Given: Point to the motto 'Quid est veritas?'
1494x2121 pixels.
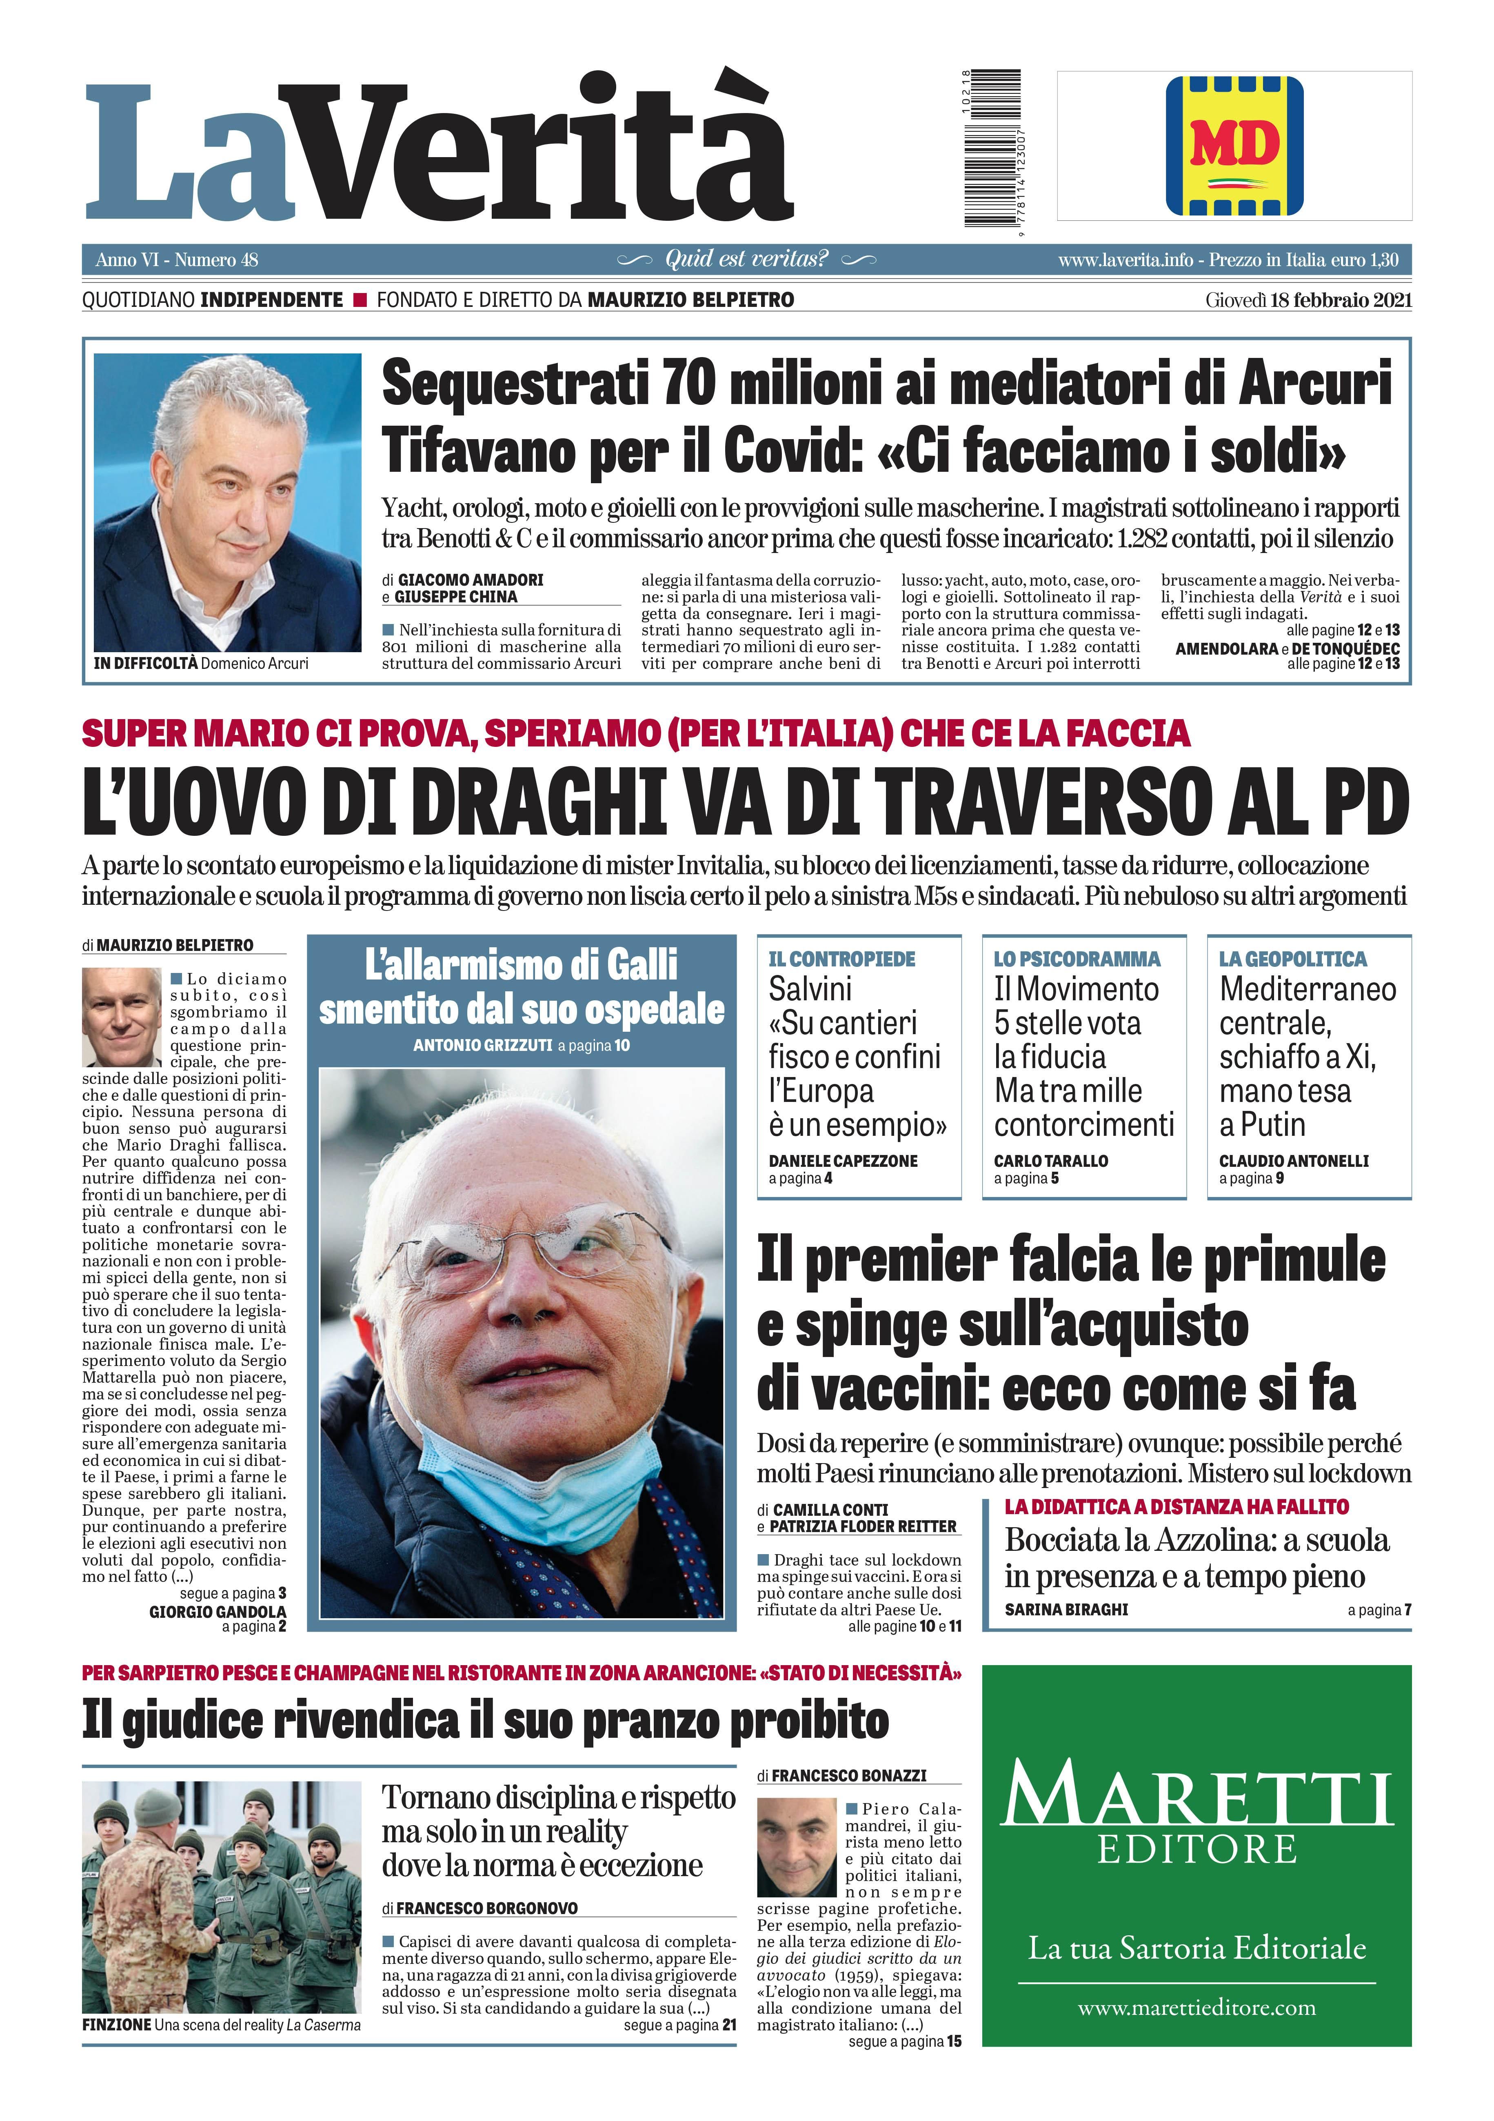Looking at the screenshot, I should [746, 260].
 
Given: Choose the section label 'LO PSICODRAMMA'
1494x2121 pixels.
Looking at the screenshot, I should [1077, 959].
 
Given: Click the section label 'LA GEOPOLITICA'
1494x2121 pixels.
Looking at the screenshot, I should [1292, 959].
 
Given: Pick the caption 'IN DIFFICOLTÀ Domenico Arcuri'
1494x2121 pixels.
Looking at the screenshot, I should [202, 663].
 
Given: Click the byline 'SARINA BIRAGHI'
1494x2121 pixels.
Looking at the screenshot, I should [1066, 1609].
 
